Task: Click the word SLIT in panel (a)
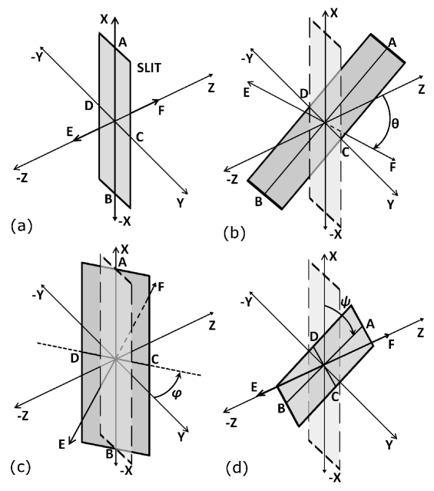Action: (x=149, y=68)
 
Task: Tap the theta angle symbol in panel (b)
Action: (x=395, y=123)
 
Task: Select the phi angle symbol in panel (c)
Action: (x=177, y=393)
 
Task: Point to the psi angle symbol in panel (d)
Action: (x=345, y=302)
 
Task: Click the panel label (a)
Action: (x=22, y=226)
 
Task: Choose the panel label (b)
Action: (x=234, y=234)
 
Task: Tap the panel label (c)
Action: (x=21, y=467)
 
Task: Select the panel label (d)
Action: (x=237, y=468)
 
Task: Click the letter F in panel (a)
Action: (x=161, y=111)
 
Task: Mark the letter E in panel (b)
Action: (x=247, y=92)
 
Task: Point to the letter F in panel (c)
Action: (x=161, y=287)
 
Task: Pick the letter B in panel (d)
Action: (x=281, y=409)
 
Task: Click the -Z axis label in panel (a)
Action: (x=22, y=177)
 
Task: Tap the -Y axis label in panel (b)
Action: (x=247, y=58)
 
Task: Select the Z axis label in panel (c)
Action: (x=212, y=326)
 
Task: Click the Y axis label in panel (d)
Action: (x=389, y=445)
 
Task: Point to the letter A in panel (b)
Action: (x=392, y=42)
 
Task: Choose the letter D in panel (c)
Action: (x=75, y=358)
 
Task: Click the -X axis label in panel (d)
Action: (x=335, y=477)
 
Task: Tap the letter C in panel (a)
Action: (x=140, y=137)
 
